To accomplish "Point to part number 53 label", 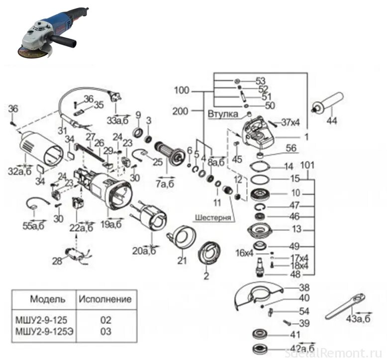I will click(x=260, y=81).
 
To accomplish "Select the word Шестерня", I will click(x=213, y=217).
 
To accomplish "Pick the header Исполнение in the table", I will click(x=105, y=299).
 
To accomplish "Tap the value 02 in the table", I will click(x=105, y=320).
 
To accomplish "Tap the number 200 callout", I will click(x=180, y=111).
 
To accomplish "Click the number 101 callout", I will click(x=308, y=163).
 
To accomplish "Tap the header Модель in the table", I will click(x=47, y=299).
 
